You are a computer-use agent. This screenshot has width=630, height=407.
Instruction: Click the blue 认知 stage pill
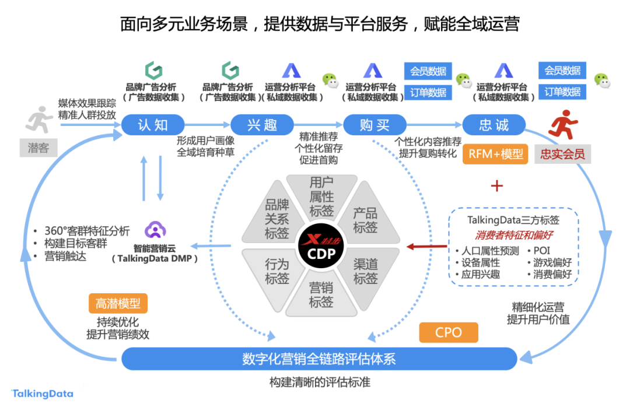point(153,125)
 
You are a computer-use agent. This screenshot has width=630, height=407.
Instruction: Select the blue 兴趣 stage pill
point(262,125)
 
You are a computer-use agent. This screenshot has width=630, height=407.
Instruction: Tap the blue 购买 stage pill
point(374,125)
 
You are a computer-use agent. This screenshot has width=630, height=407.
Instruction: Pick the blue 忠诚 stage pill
point(494,125)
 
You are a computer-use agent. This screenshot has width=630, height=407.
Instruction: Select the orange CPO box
point(448,332)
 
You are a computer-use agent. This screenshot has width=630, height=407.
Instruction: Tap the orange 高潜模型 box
point(118,303)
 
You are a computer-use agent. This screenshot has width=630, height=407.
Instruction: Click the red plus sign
point(496,186)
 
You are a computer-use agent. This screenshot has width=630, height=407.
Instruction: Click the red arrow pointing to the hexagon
point(425,247)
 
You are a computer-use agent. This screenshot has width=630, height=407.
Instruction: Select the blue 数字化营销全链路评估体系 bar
point(318,359)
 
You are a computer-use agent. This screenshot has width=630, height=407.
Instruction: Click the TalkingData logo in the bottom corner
point(43,394)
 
